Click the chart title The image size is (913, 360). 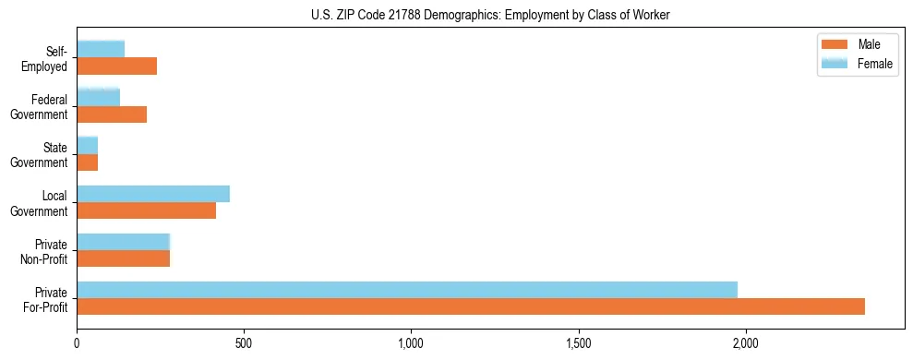tap(456, 15)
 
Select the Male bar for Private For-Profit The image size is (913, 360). tap(471, 306)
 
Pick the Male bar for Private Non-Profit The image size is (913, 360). tap(124, 258)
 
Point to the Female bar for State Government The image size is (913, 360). tap(88, 145)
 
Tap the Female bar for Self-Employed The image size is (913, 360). tap(101, 49)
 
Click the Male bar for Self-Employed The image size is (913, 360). tap(117, 66)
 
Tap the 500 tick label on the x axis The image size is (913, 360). tap(244, 343)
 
